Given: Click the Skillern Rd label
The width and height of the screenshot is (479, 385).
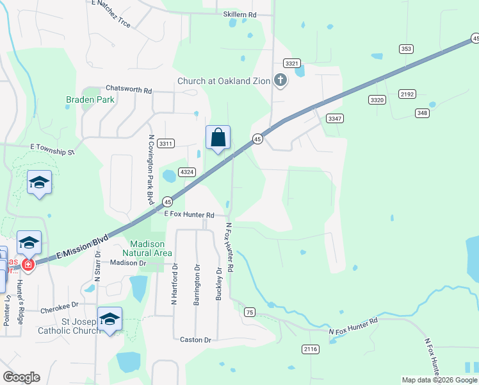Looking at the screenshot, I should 239,14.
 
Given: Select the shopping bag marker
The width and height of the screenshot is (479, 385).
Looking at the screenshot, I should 218,138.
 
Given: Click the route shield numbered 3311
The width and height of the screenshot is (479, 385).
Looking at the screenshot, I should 166,143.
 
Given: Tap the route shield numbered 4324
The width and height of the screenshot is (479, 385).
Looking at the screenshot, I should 187,172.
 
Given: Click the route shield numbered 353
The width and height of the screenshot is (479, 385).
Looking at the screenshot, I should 405,49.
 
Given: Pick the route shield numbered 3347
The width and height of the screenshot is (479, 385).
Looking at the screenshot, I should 334,119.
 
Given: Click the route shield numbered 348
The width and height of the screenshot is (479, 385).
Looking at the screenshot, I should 421,114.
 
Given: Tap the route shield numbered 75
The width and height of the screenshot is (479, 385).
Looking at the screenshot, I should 250,312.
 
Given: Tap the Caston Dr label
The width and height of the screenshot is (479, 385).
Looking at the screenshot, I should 195,340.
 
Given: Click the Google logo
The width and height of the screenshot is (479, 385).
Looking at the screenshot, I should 21,377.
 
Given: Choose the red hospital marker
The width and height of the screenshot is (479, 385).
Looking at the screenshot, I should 28,264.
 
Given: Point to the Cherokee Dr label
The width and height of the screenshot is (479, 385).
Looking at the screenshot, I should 59,309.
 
